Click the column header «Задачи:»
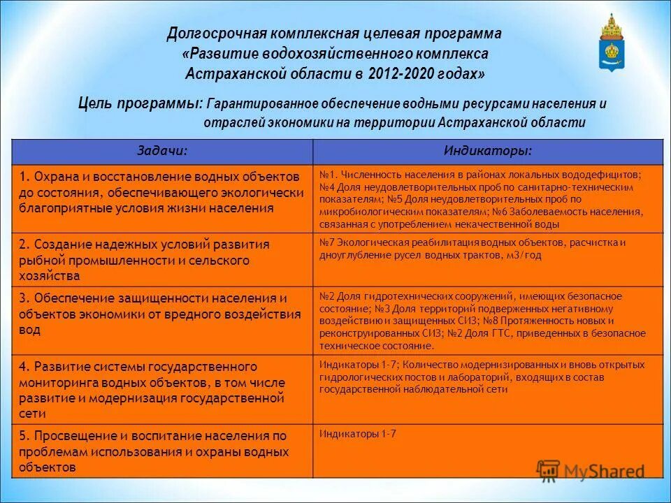pyautogui.click(x=161, y=152)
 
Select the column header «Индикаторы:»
pyautogui.click(x=487, y=152)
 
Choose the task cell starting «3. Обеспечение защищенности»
pyautogui.click(x=161, y=314)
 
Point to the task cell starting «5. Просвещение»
pyautogui.click(x=161, y=451)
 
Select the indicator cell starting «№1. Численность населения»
pyautogui.click(x=487, y=199)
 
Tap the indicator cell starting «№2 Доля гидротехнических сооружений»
pyautogui.click(x=487, y=320)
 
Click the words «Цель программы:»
pyautogui.click(x=140, y=103)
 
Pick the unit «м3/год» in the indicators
pyautogui.click(x=526, y=255)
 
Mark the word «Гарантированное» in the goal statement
pyautogui.click(x=263, y=103)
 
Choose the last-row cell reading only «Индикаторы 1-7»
pyautogui.click(x=358, y=434)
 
